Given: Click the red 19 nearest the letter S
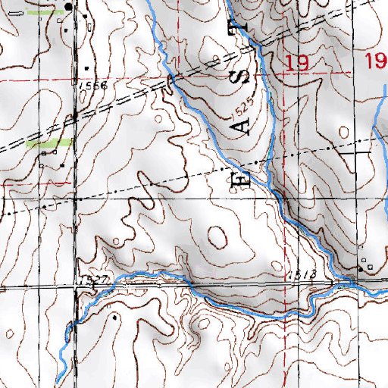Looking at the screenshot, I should tap(297, 64).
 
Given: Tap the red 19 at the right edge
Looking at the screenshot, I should tap(376, 62).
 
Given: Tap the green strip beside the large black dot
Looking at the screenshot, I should tap(43, 13).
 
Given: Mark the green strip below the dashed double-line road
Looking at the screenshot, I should tap(49, 142).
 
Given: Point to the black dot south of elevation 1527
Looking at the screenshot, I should tap(114, 318).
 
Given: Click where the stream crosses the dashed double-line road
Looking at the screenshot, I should tap(171, 79).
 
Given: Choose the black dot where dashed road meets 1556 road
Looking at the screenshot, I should tap(74, 115).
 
